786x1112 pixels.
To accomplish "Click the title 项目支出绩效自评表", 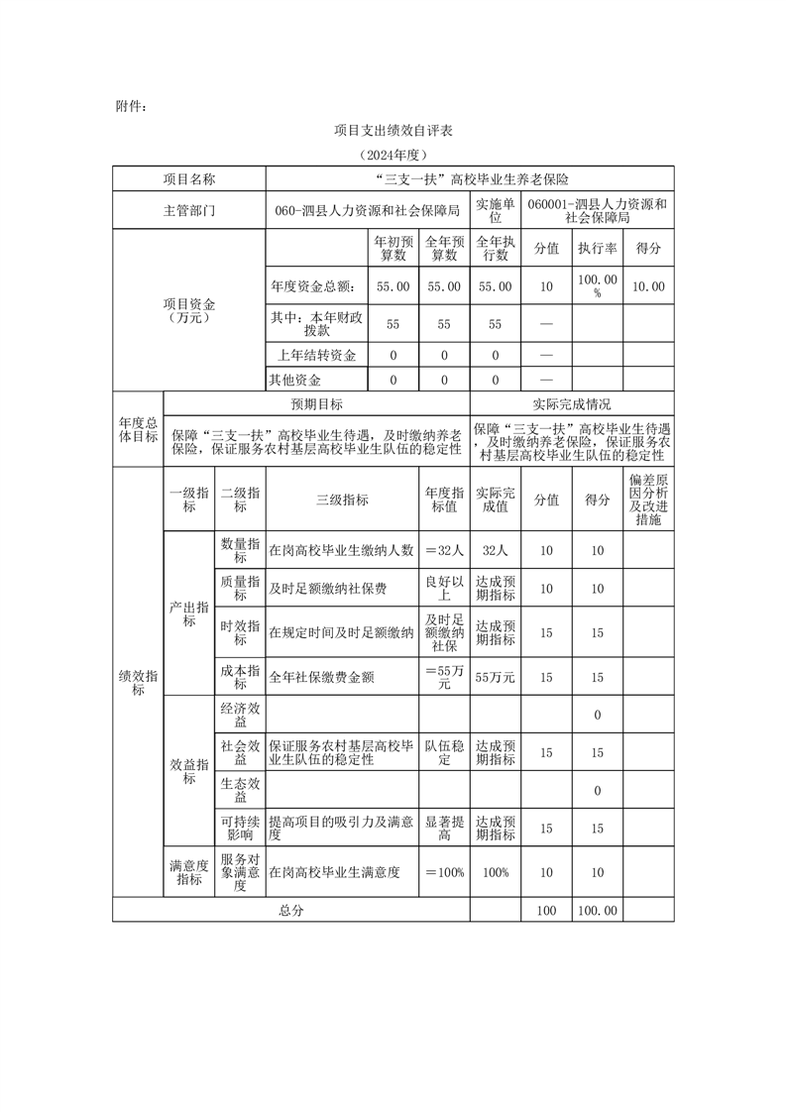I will pyautogui.click(x=393, y=131).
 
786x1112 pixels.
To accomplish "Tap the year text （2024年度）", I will pyautogui.click(x=393, y=156).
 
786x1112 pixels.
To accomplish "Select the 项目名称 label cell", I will pyautogui.click(x=188, y=179).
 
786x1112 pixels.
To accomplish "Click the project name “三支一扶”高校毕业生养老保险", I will pyautogui.click(x=470, y=179).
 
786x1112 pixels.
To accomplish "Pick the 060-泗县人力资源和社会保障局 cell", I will pyautogui.click(x=368, y=211).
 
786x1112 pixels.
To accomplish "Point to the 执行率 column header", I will pyautogui.click(x=598, y=248).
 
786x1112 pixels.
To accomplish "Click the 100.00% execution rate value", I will pyautogui.click(x=598, y=286).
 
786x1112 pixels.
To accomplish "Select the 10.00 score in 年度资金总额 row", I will pyautogui.click(x=648, y=286).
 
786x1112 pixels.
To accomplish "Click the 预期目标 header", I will pyautogui.click(x=316, y=404).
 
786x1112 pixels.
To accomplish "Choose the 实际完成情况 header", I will pyautogui.click(x=572, y=404).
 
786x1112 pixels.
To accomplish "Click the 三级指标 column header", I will pyautogui.click(x=342, y=500).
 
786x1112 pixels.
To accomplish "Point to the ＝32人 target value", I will pyautogui.click(x=444, y=550).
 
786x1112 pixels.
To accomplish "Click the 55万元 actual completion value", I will pyautogui.click(x=496, y=677).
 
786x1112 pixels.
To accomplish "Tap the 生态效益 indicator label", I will pyautogui.click(x=240, y=790).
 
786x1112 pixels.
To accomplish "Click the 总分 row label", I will pyautogui.click(x=291, y=910).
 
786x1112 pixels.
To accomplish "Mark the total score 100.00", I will pyautogui.click(x=598, y=910).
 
